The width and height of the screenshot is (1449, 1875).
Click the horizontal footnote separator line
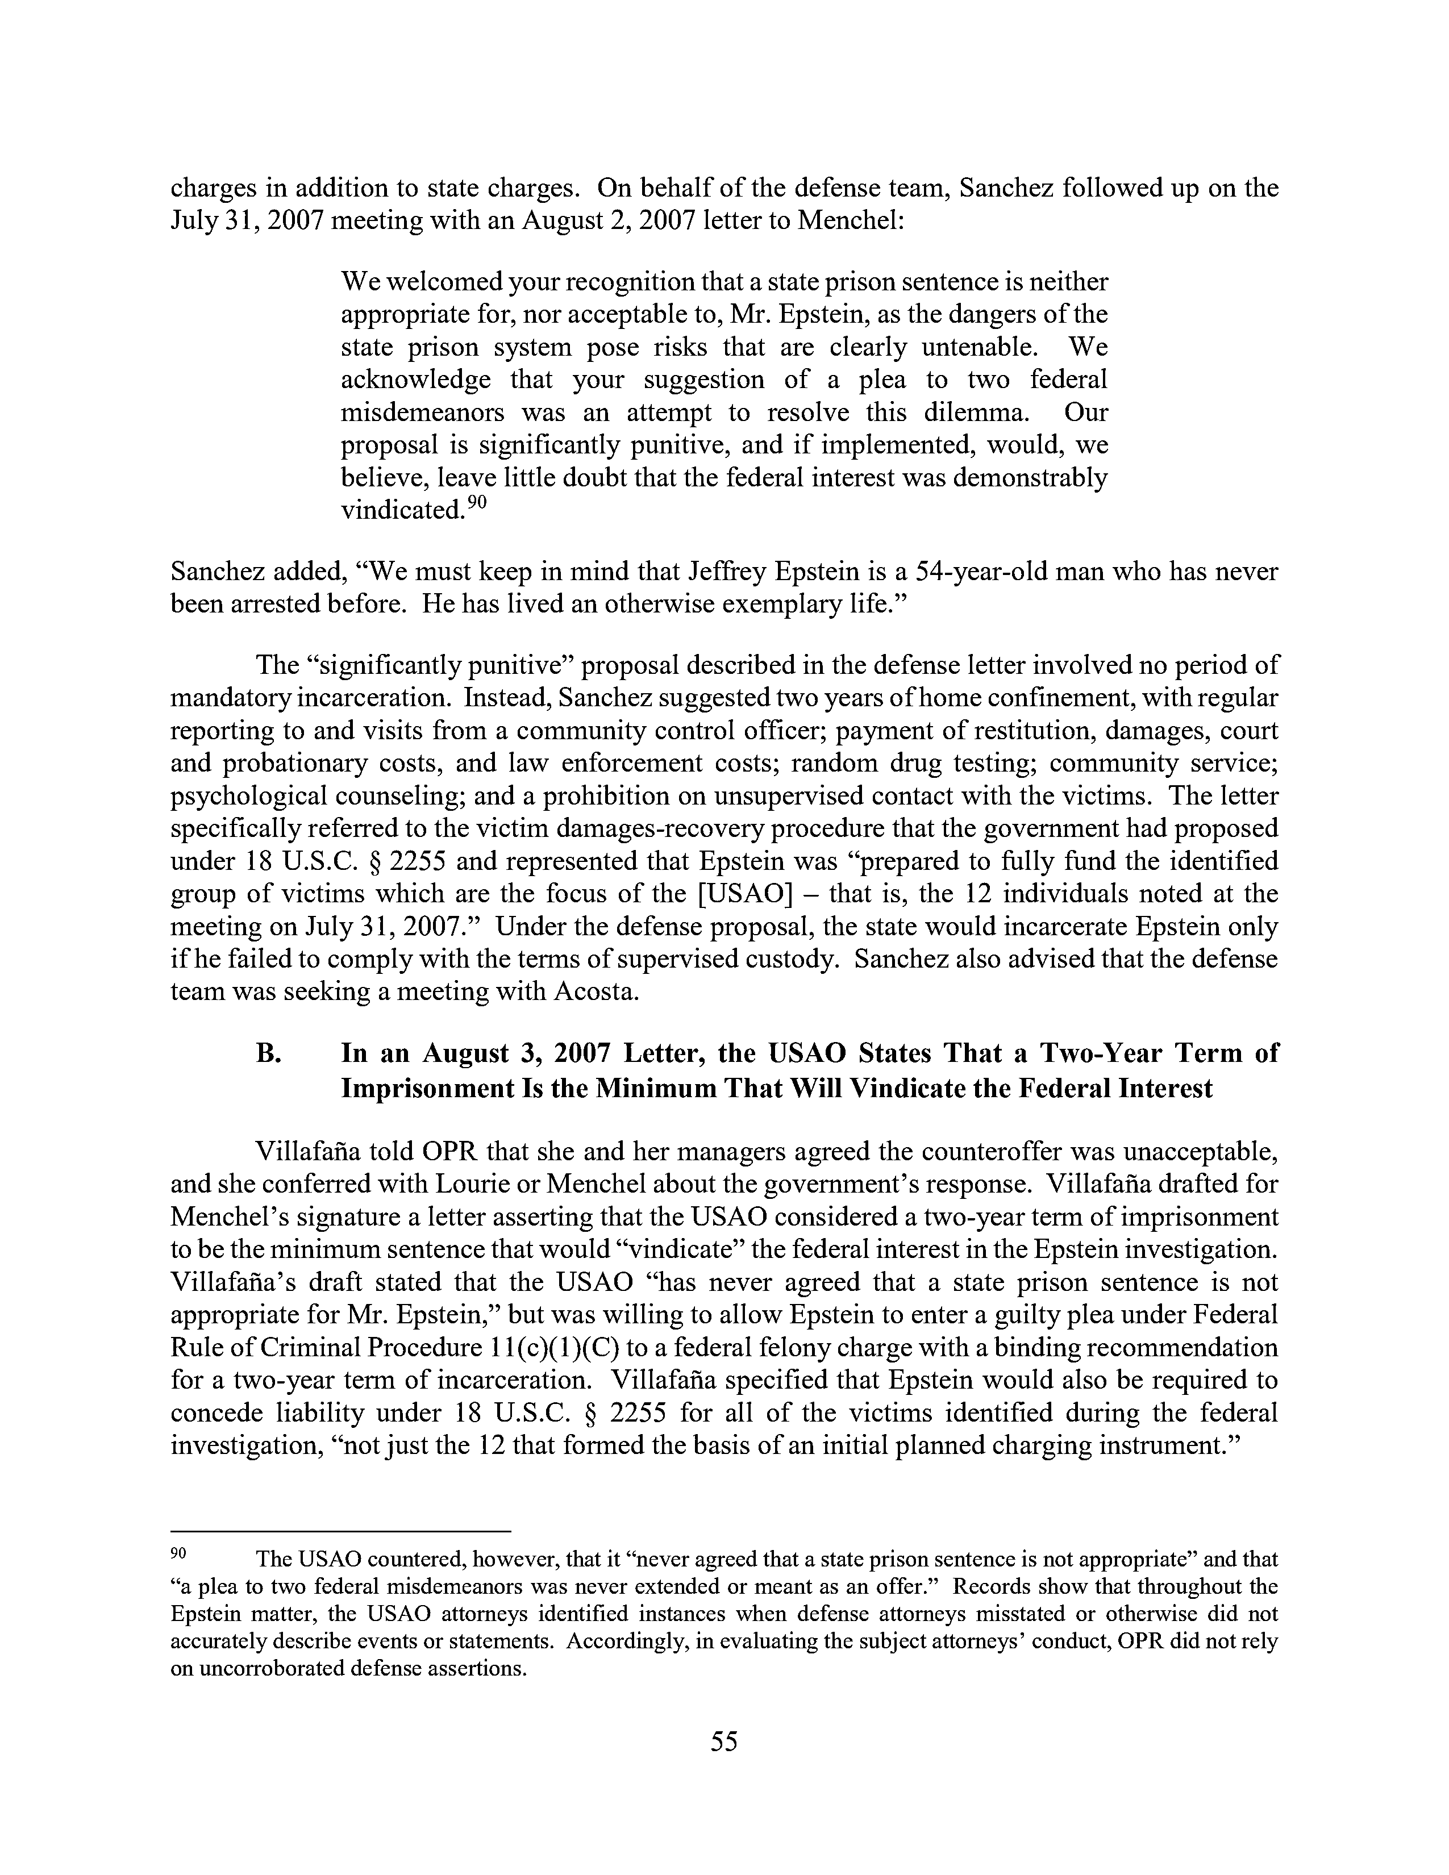point(341,1531)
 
